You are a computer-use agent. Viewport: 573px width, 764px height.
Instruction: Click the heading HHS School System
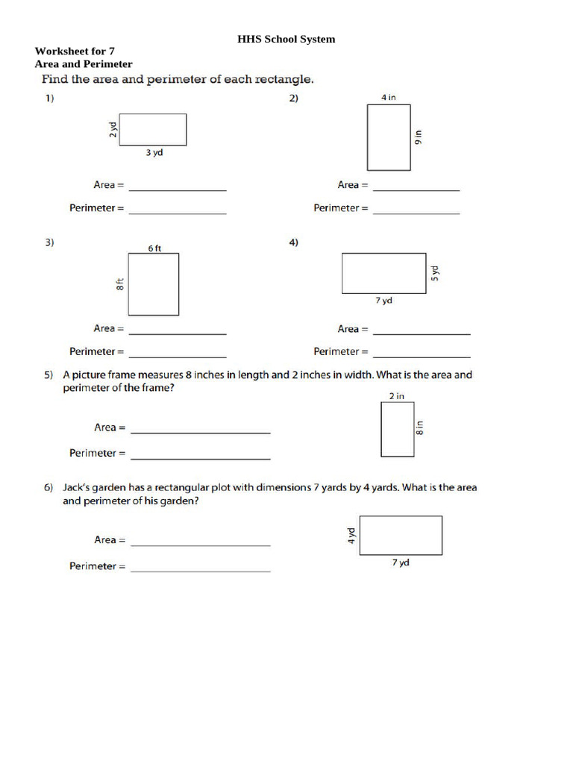coord(286,39)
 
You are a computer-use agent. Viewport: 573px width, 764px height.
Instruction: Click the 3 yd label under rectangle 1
coord(154,152)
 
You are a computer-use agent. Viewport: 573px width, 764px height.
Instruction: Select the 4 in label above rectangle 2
coord(388,98)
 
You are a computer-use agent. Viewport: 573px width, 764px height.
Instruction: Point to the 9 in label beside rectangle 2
coord(418,137)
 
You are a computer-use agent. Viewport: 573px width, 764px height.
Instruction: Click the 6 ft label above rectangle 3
coord(154,248)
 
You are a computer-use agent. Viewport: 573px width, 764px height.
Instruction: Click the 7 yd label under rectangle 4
coord(383,301)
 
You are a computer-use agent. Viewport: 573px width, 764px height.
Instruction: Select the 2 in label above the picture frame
coord(397,396)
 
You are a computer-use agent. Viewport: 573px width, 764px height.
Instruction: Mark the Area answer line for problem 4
coord(422,333)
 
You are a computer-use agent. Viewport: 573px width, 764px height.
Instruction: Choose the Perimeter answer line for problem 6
coord(200,571)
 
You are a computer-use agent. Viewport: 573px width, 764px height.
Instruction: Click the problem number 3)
coord(49,242)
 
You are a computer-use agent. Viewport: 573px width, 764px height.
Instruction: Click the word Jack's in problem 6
coord(77,487)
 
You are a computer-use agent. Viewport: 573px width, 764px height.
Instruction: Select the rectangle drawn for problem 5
coord(397,429)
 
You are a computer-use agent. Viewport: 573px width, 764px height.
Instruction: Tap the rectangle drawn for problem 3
coord(154,284)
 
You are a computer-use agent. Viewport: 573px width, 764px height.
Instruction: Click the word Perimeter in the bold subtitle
coord(108,64)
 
